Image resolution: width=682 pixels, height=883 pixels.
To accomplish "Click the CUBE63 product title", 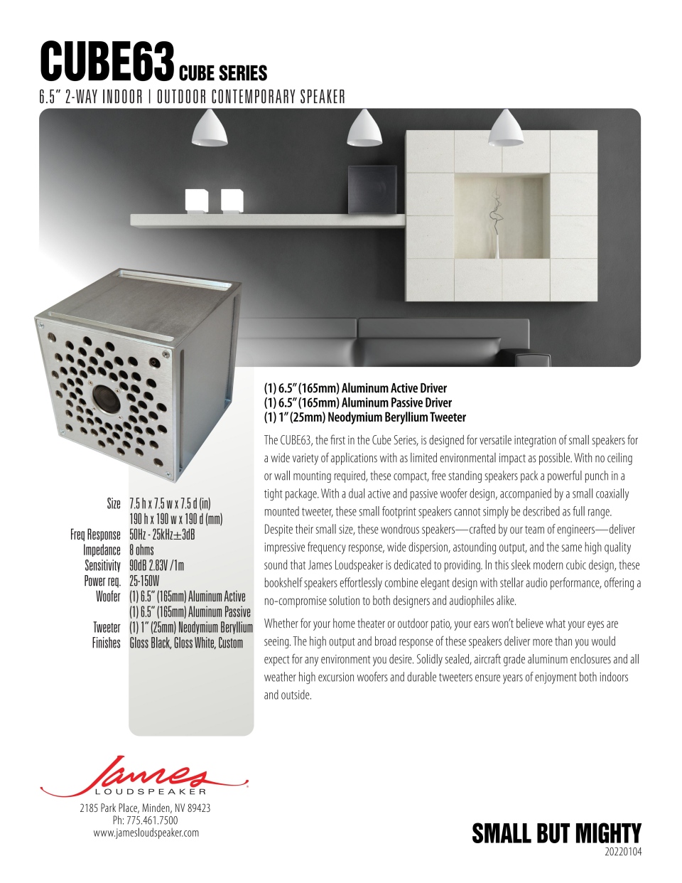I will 107,63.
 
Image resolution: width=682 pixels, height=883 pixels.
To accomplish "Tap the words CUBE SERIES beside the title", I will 223,73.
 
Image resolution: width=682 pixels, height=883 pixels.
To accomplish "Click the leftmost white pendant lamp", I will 210,129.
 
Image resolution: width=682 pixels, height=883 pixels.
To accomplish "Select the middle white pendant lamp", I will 364,129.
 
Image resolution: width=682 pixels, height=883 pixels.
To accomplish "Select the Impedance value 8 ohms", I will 141,550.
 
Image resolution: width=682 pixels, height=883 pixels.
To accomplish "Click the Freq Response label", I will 95,535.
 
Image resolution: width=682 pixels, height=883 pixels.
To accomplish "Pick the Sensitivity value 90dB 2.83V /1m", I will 156,565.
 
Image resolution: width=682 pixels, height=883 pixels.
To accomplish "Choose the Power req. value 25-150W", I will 144,581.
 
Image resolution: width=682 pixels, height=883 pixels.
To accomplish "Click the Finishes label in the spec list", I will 107,643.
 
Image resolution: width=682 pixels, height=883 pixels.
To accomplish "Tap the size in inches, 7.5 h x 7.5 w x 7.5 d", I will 170,504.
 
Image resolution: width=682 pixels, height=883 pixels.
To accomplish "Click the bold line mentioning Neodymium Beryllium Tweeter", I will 364,417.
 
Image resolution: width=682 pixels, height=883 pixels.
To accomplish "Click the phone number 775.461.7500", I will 146,820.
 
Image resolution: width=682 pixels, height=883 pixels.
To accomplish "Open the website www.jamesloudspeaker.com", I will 146,833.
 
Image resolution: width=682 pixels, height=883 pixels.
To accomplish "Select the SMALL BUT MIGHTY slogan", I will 556,833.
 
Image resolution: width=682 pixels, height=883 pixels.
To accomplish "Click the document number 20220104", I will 622,852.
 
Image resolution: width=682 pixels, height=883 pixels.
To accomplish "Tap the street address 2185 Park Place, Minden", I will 145,808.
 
